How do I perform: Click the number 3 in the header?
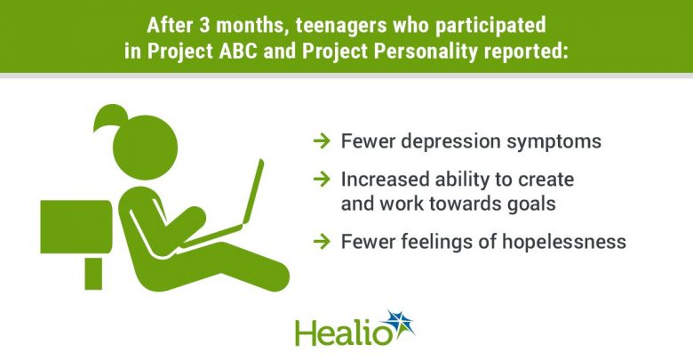(x=204, y=25)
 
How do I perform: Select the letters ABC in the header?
(x=239, y=51)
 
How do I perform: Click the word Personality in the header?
(x=426, y=52)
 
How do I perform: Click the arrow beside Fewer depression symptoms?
(x=322, y=141)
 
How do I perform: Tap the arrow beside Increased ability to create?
(x=322, y=180)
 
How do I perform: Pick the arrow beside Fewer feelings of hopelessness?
(x=322, y=242)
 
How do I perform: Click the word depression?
(x=450, y=142)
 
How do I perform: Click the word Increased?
(x=385, y=180)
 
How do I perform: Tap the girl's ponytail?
(x=109, y=116)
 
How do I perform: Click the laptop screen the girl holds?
(x=252, y=192)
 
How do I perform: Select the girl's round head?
(x=146, y=148)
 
